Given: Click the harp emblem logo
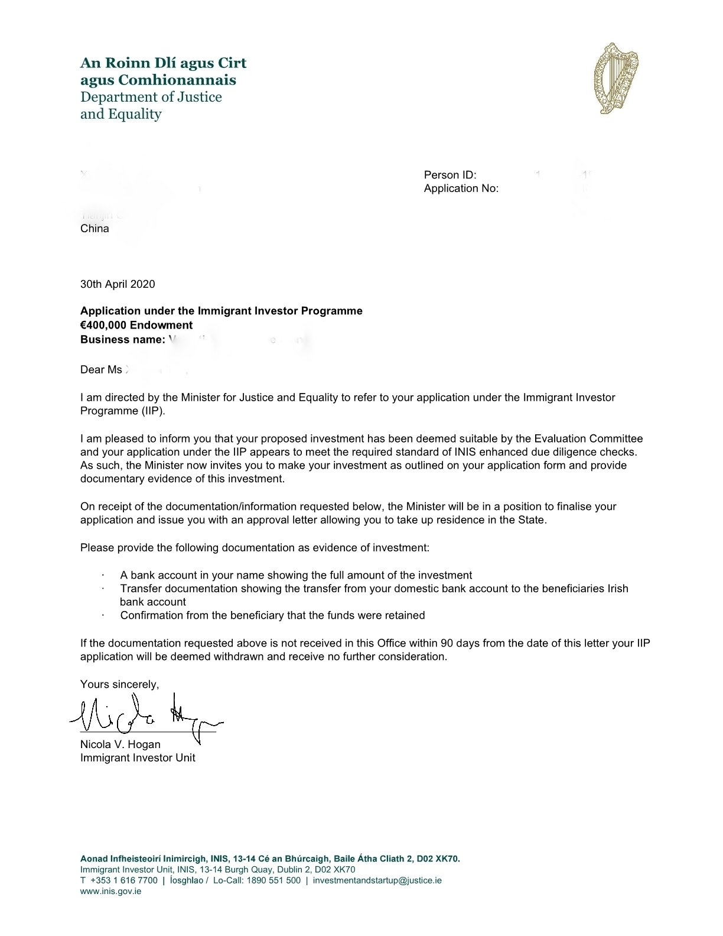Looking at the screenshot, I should pos(616,79).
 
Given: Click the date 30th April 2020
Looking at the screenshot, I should pos(118,284).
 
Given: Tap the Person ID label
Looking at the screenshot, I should pos(450,175).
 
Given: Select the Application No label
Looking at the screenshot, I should pos(461,188).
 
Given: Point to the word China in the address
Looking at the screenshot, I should pos(95,229).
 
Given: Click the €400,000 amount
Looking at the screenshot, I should pos(103,325).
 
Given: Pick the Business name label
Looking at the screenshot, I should pos(122,339).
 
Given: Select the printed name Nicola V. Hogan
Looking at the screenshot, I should pos(120,745).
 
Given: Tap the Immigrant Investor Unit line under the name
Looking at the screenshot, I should pos(138,758).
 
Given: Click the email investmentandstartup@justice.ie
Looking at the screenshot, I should pos(377,880).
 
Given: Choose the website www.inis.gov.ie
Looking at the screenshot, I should pos(110,891).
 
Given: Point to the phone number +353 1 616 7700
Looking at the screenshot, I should pos(123,880).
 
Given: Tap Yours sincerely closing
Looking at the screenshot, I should pos(119,684).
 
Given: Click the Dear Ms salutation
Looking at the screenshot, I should pos(101,370).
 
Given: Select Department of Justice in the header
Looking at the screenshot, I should pos(151,97).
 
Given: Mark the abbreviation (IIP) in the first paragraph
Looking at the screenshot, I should pos(152,411).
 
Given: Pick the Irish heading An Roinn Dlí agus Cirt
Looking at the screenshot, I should pos(163,63).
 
